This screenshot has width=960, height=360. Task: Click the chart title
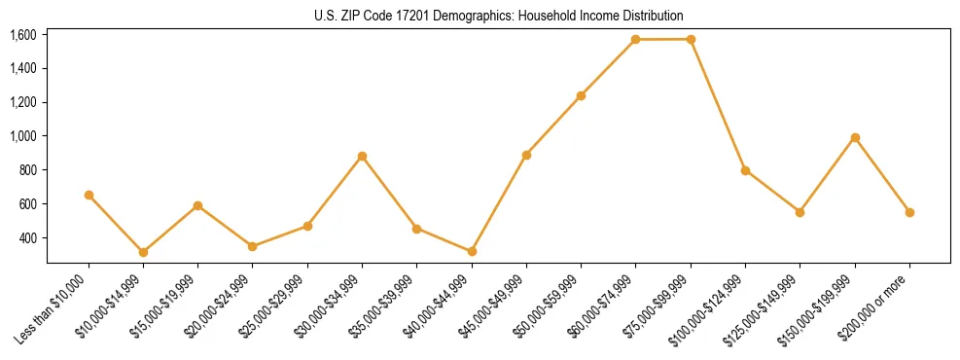click(498, 16)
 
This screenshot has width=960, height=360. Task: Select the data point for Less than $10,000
click(89, 195)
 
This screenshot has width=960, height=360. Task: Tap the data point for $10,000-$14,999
click(143, 252)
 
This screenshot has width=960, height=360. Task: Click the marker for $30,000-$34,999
click(362, 156)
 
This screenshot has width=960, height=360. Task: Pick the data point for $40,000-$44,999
click(472, 251)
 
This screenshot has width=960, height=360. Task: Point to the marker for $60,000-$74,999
click(635, 40)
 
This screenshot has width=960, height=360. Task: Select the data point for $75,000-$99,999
click(691, 40)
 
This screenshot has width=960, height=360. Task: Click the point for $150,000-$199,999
click(855, 137)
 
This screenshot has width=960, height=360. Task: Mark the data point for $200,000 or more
click(909, 212)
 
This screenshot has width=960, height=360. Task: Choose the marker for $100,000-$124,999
click(745, 170)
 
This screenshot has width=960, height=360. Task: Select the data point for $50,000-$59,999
click(581, 95)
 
